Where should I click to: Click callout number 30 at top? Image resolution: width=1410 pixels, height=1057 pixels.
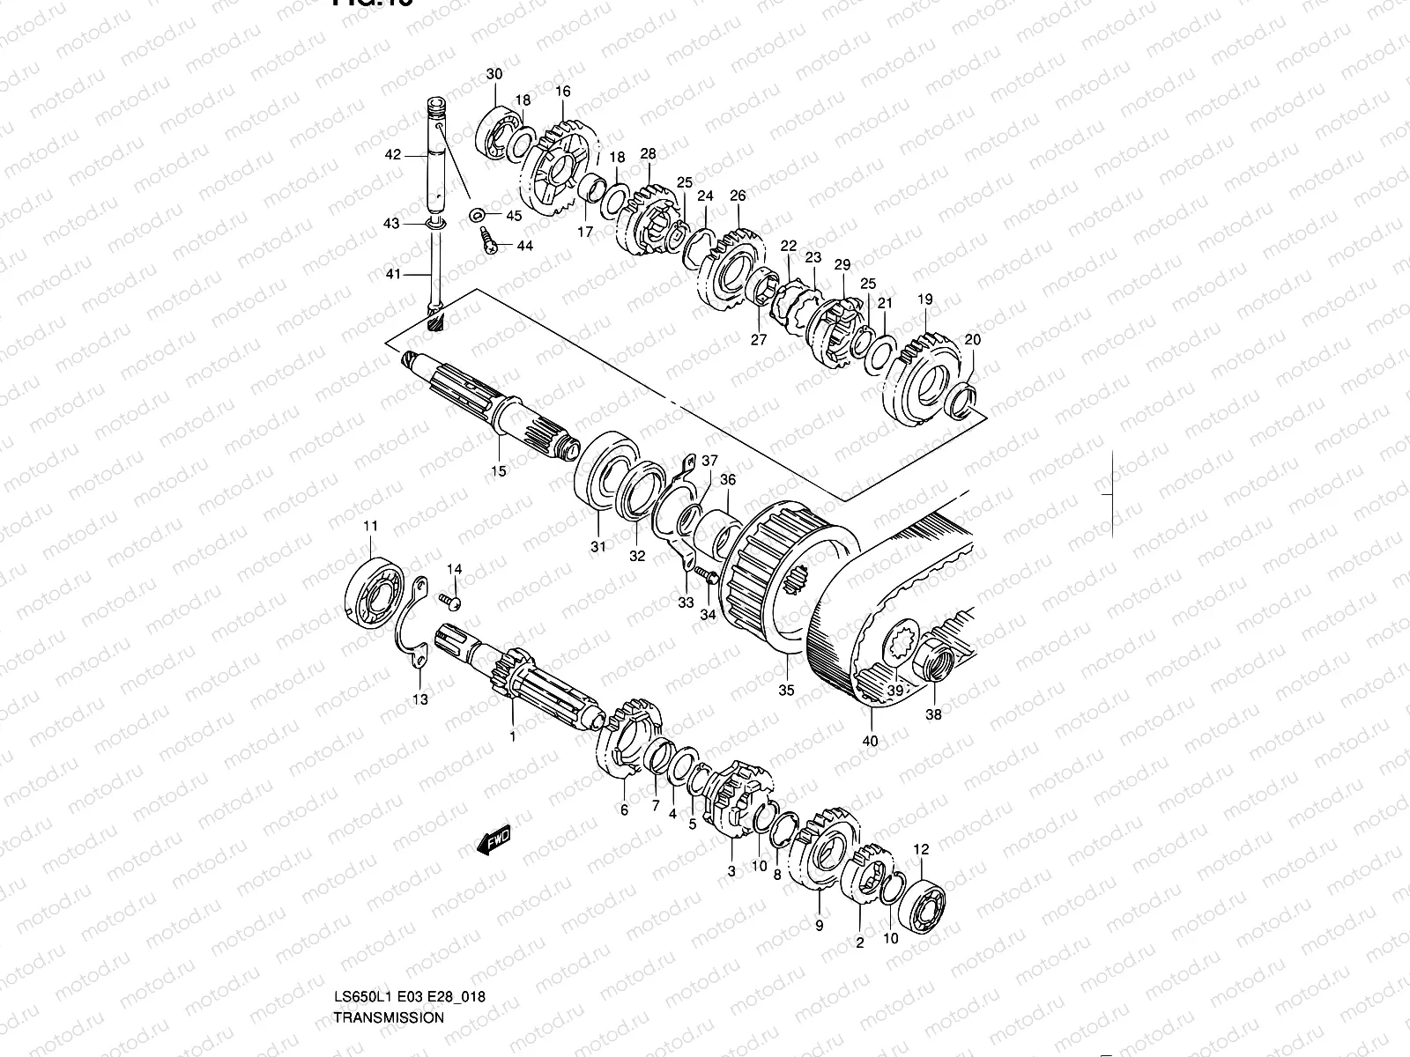click(x=494, y=73)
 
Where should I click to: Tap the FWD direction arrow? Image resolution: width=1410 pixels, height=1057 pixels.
click(x=493, y=840)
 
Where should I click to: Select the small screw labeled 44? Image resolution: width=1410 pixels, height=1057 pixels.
click(x=487, y=238)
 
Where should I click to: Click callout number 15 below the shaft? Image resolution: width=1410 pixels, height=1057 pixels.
click(x=499, y=471)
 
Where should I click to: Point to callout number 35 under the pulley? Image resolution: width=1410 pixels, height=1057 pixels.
click(x=787, y=690)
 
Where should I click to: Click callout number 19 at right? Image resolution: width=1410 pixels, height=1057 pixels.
click(x=924, y=300)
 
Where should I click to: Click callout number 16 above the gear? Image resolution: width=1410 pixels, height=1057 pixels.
click(x=563, y=92)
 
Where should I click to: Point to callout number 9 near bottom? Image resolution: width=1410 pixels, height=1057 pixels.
click(x=819, y=926)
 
